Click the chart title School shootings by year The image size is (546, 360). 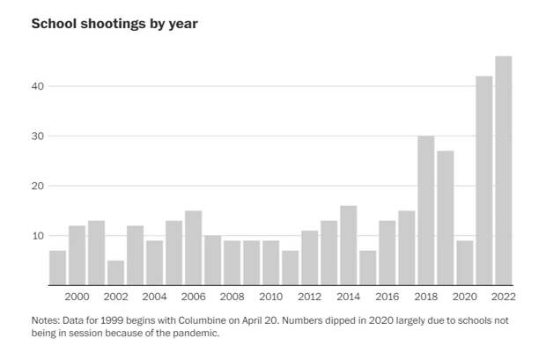pyautogui.click(x=114, y=24)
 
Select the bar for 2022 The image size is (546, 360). pyautogui.click(x=504, y=171)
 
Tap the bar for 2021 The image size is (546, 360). pyautogui.click(x=484, y=180)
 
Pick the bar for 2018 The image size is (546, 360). pyautogui.click(x=426, y=210)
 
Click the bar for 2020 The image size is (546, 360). pyautogui.click(x=465, y=262)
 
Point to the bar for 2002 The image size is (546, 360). pyautogui.click(x=115, y=273)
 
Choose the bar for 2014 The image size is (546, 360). pyautogui.click(x=348, y=246)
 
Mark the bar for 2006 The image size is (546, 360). pyautogui.click(x=193, y=248)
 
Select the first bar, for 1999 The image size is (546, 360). pyautogui.click(x=57, y=268)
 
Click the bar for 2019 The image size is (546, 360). pyautogui.click(x=446, y=218)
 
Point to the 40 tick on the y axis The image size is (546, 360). pyautogui.click(x=37, y=86)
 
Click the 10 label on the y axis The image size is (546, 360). pyautogui.click(x=37, y=236)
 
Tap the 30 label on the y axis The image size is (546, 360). pyautogui.click(x=37, y=136)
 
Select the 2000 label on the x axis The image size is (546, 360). pyautogui.click(x=77, y=297)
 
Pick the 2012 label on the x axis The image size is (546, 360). pyautogui.click(x=309, y=297)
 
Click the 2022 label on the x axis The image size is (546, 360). pyautogui.click(x=504, y=297)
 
